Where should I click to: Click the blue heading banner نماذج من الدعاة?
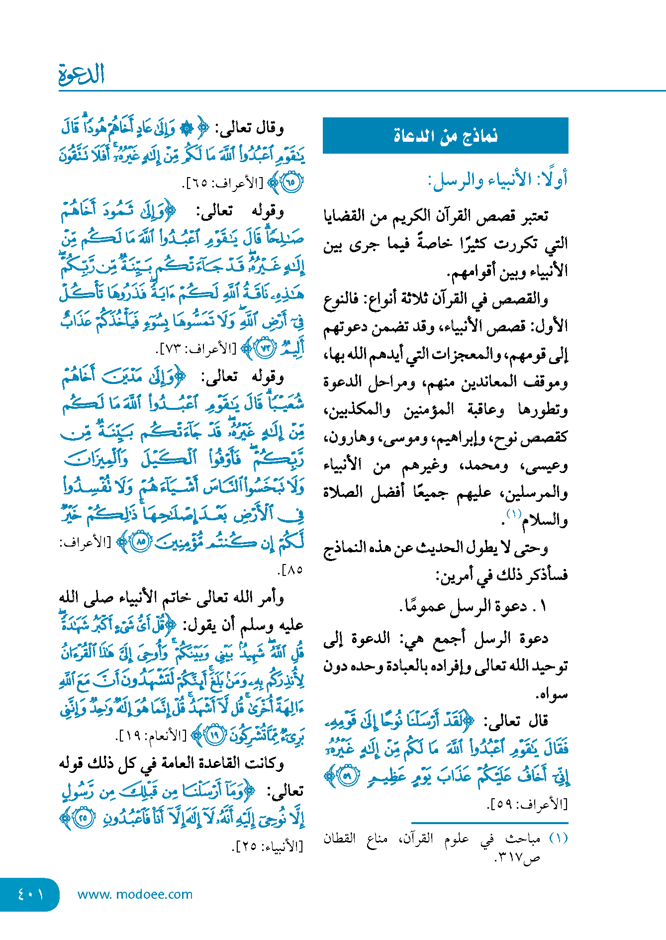[445, 135]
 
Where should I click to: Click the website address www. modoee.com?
[135, 894]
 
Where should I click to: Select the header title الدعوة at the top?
[82, 75]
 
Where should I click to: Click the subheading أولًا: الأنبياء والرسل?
[497, 180]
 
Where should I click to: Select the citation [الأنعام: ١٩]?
[153, 735]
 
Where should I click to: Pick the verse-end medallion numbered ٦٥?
[290, 182]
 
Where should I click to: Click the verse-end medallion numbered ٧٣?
[265, 348]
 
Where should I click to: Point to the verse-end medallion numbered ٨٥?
[141, 542]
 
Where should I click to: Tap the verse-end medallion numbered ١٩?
[215, 735]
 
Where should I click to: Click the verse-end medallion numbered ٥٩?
[348, 777]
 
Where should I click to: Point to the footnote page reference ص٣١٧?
[517, 858]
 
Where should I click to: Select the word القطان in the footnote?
[339, 839]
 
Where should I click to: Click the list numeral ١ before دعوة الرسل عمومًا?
[543, 606]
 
